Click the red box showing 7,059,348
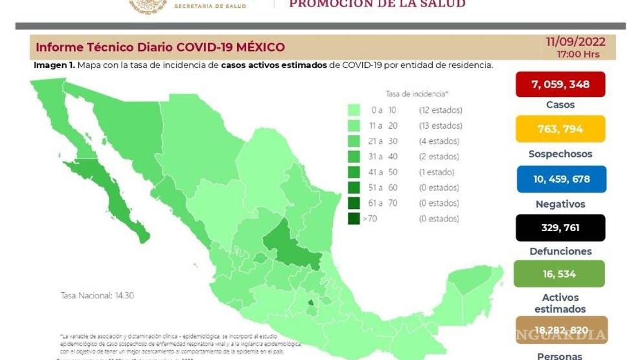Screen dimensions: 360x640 [560, 84]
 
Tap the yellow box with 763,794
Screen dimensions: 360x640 [560, 129]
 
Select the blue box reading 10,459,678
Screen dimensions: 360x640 [561, 179]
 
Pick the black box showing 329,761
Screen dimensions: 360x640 [560, 227]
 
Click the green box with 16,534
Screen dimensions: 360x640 [559, 273]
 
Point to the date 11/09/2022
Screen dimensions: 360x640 [576, 42]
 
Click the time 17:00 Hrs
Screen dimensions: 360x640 [578, 54]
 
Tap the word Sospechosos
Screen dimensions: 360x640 [560, 154]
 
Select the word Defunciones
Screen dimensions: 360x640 [560, 251]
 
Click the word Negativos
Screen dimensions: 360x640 [560, 204]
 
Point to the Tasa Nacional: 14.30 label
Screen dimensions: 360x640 [97, 296]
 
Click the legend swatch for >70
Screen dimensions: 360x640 [353, 218]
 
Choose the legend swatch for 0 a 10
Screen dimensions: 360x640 [353, 110]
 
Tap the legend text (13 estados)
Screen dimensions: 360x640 [441, 126]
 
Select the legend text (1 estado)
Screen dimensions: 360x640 [437, 172]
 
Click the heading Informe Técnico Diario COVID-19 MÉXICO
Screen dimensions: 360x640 [160, 47]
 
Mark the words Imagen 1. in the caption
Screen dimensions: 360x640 [54, 65]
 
